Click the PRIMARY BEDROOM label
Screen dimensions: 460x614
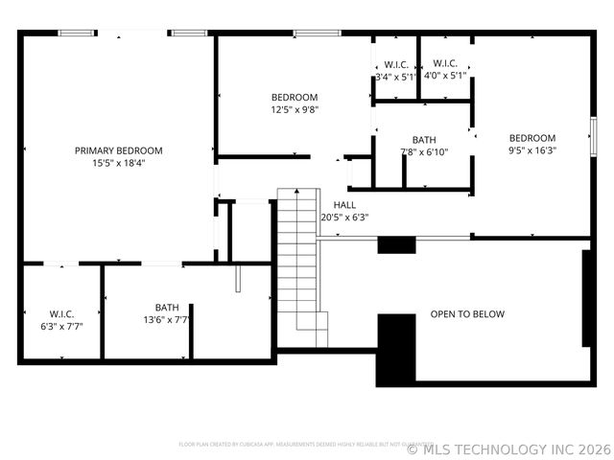tap(119, 150)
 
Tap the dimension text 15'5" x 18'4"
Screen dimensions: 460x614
tap(119, 163)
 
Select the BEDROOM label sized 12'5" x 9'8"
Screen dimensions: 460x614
tap(295, 97)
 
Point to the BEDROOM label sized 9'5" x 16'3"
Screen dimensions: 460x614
tap(532, 137)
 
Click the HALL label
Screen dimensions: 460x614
tap(344, 205)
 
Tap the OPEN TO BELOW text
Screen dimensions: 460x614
tap(467, 314)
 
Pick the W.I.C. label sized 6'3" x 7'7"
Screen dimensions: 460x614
tap(62, 313)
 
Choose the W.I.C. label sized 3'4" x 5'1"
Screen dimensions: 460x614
tap(395, 65)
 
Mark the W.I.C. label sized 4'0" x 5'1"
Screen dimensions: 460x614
tap(445, 65)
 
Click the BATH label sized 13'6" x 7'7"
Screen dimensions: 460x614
tap(167, 308)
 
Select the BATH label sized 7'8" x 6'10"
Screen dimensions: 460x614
tap(424, 140)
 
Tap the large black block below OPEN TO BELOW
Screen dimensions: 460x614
tap(395, 349)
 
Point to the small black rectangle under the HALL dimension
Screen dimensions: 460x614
tap(396, 244)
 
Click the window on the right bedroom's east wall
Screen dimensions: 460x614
tap(594, 135)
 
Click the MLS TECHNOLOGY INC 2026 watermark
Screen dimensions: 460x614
tap(508, 448)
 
